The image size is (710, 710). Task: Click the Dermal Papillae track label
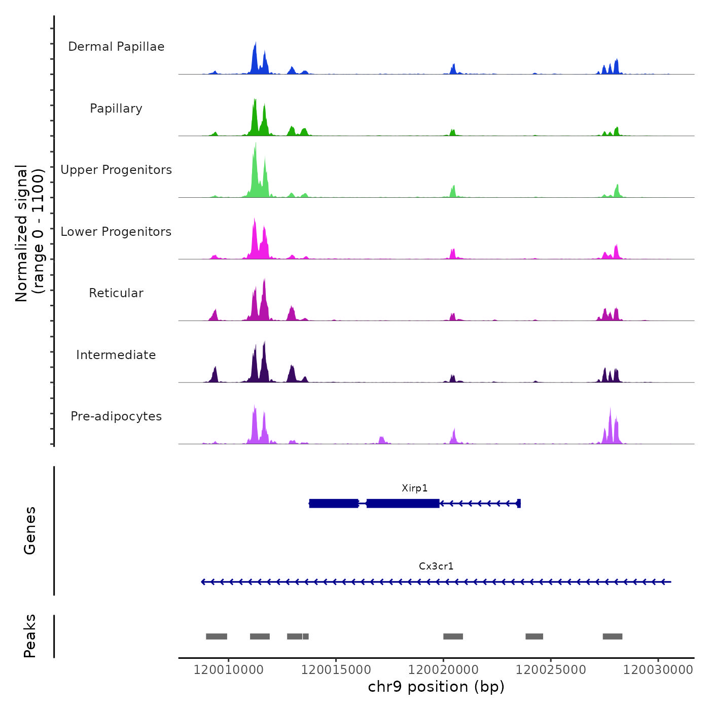[116, 47]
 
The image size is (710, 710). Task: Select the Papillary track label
[116, 109]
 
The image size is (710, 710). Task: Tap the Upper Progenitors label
[116, 170]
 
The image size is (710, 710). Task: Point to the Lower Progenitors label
[116, 232]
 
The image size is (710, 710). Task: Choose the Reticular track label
[116, 293]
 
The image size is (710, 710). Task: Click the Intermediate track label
[116, 355]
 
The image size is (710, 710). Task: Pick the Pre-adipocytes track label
[116, 416]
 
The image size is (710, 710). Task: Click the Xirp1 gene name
[414, 488]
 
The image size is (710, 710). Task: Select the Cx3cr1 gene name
[436, 566]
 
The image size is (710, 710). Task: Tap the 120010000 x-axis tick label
[228, 670]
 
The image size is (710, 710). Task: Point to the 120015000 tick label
[336, 670]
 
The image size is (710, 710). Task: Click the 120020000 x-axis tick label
[443, 670]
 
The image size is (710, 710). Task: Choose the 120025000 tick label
[551, 670]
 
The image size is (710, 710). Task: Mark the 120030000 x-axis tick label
[658, 670]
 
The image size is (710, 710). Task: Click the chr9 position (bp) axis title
[436, 687]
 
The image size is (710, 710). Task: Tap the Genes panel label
[30, 530]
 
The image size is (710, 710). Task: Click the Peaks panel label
[30, 636]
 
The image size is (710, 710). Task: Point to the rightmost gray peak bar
[612, 636]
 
